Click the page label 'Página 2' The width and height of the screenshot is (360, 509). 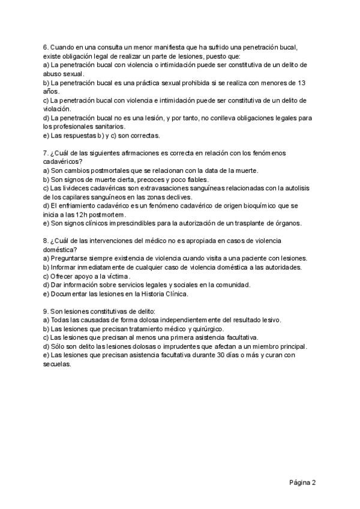[302, 481]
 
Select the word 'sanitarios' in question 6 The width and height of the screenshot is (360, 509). [105, 126]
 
